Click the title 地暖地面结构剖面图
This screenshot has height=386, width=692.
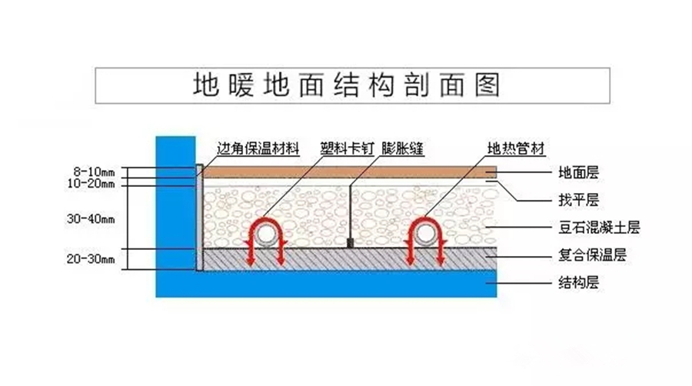tap(345, 85)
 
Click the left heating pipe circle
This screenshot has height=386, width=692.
tap(267, 234)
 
